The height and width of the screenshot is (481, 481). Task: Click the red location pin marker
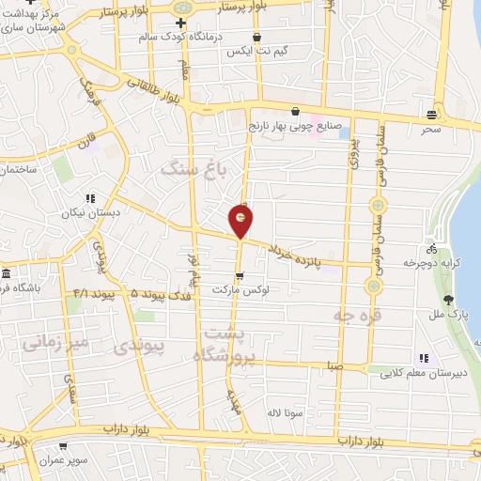coord(241,220)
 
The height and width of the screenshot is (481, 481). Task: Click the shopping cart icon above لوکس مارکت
coord(240,276)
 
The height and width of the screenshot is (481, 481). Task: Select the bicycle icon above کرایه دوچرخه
coord(431,250)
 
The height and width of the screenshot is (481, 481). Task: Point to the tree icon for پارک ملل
coord(449,301)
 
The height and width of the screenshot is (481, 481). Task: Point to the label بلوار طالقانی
coord(158,91)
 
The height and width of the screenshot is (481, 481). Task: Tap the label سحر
coord(430,129)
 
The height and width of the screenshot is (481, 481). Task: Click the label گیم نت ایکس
coord(251,52)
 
